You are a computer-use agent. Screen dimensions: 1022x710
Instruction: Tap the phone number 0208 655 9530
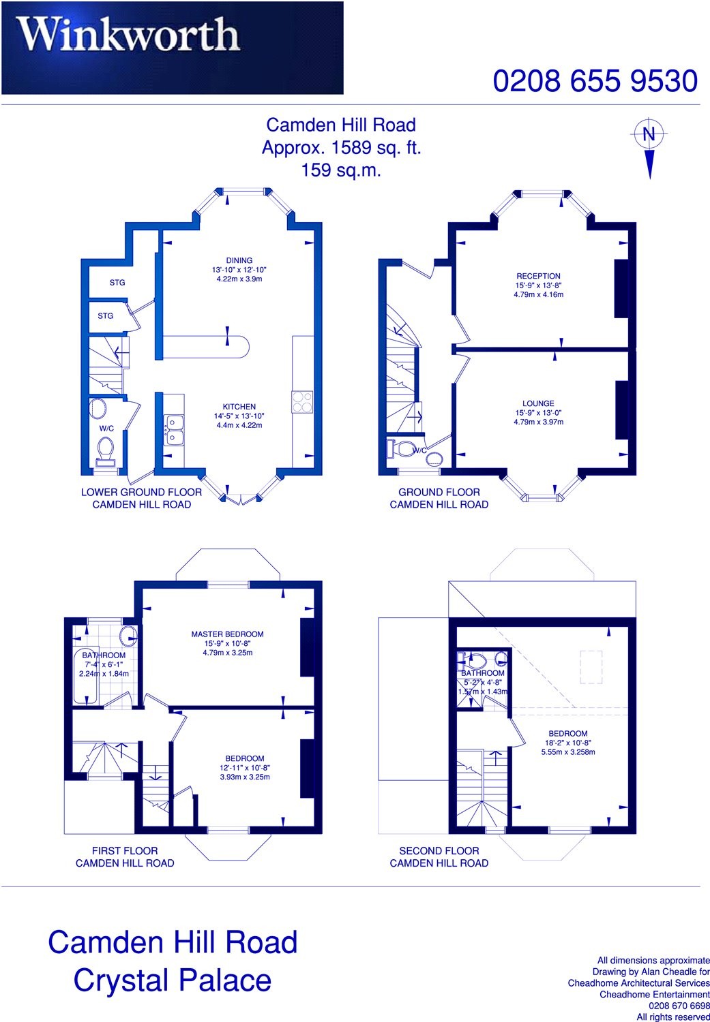point(595,81)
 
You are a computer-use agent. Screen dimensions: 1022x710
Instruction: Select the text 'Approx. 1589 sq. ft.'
point(341,147)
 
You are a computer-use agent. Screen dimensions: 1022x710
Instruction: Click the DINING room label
point(239,260)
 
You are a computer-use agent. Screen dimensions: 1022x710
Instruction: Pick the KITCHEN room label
point(239,407)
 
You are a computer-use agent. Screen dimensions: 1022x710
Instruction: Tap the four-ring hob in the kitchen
point(302,401)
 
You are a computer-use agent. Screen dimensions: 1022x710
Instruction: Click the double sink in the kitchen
point(173,429)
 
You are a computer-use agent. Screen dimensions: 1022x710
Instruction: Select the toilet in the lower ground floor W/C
point(106,449)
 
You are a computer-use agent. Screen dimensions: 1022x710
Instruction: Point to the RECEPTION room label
point(538,277)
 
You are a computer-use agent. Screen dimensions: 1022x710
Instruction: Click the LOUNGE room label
point(538,403)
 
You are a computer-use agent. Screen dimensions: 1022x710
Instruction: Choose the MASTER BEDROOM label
point(227,634)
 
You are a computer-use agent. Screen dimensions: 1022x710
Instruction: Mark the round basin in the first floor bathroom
point(128,637)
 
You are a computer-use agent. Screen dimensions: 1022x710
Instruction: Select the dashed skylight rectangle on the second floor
point(591,666)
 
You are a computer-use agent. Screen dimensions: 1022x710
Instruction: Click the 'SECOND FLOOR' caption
point(439,850)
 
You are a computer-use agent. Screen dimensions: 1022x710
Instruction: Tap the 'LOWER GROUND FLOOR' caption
point(141,492)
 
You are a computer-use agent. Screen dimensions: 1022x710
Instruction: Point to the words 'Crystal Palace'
point(172,980)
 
